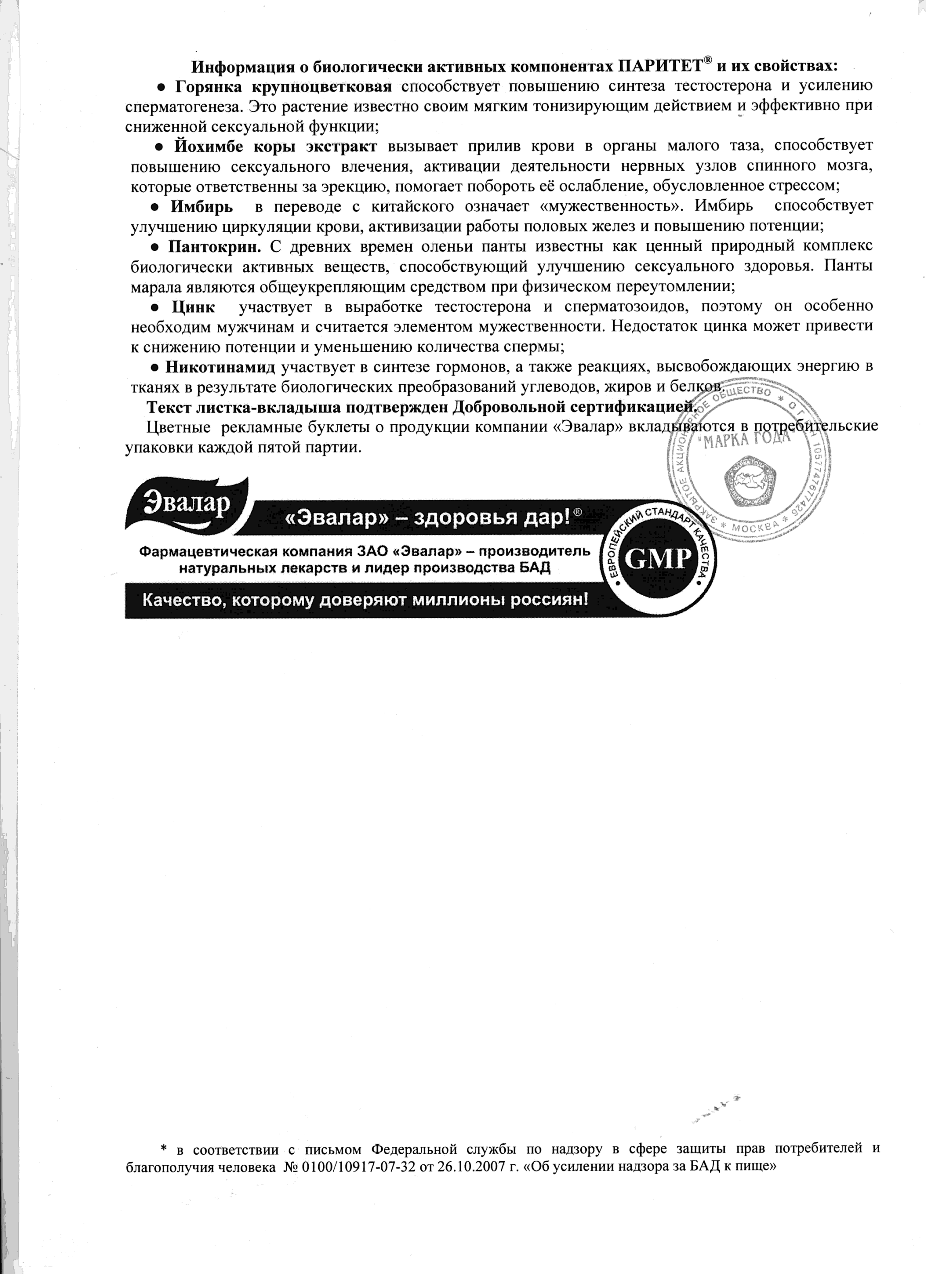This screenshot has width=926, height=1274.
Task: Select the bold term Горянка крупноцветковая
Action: coord(283,86)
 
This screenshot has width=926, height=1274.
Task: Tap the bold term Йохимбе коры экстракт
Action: coord(275,146)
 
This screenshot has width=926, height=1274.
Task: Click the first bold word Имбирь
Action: coord(202,206)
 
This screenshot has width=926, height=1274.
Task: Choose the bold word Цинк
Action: coord(193,307)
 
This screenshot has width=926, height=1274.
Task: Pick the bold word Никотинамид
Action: coord(220,367)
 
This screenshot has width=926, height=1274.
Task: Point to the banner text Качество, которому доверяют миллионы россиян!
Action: coord(365,600)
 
